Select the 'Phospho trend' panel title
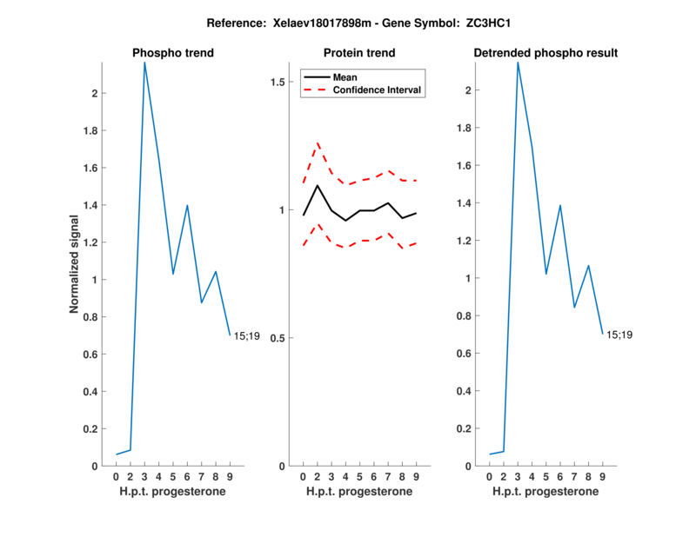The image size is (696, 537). (173, 53)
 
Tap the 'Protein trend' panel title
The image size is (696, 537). (359, 53)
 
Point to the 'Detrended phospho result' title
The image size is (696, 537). (545, 53)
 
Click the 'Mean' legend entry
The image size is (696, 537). (345, 77)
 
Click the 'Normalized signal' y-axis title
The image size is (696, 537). (77, 264)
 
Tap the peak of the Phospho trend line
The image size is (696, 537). (144, 63)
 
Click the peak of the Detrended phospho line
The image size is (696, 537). (518, 63)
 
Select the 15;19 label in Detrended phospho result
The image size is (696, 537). (619, 335)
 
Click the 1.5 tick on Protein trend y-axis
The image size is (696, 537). (278, 82)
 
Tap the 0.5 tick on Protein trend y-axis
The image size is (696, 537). (278, 338)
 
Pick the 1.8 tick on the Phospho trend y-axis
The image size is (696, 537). (94, 130)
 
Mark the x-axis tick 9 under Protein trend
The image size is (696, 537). (417, 476)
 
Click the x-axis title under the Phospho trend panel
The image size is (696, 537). (173, 491)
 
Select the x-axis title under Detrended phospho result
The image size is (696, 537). (545, 491)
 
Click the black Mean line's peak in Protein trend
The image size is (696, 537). (318, 185)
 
